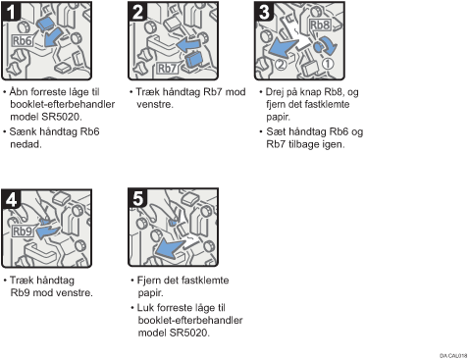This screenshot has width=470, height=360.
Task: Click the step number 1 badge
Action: point(11,12)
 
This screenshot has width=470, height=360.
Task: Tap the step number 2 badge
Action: point(137,12)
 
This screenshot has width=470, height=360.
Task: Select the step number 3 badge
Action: point(264,12)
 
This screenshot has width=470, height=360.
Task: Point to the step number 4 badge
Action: point(11,199)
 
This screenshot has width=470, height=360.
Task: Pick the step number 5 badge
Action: point(137,198)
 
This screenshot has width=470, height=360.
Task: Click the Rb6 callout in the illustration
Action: point(23,41)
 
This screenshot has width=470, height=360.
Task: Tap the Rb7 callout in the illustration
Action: point(167,69)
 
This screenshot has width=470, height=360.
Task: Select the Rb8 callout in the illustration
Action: point(320,25)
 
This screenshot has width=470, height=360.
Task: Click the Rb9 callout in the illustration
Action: point(23,231)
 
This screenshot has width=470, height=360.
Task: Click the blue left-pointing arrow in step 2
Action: point(188,45)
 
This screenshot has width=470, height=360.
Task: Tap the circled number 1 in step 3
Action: point(328,64)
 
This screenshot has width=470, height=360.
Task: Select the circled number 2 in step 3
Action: point(281,65)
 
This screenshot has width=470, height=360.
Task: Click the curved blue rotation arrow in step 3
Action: point(329,45)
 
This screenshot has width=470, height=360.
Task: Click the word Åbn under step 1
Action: point(20,92)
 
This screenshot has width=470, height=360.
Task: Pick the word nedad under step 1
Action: point(26,144)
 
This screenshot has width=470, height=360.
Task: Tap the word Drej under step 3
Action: point(275,92)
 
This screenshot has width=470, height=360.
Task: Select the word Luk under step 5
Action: point(145,308)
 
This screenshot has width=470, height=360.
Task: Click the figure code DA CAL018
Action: point(453,356)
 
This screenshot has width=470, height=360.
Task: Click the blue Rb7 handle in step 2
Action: point(193,60)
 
